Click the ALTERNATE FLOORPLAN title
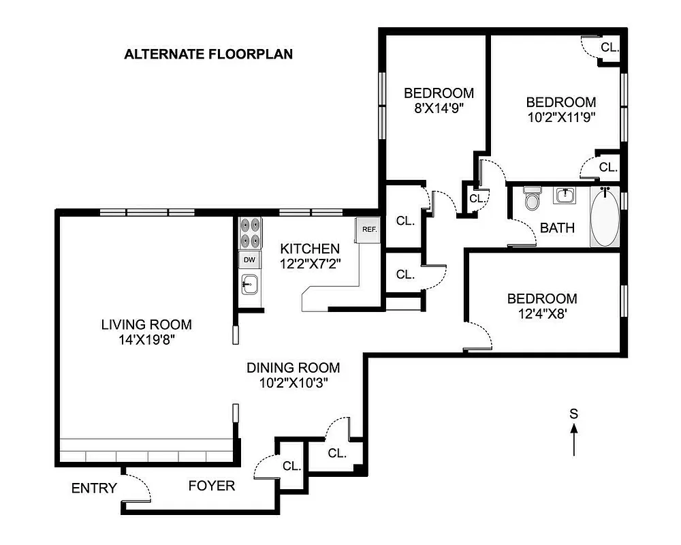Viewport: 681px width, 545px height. tap(208, 54)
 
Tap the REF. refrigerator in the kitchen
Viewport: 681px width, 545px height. tap(368, 230)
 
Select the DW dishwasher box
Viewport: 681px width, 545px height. tap(249, 260)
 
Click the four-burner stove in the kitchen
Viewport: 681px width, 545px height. tap(250, 233)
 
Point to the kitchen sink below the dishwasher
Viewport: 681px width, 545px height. tap(249, 283)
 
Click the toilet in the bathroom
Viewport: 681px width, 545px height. tap(533, 200)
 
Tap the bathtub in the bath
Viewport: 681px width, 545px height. tap(605, 218)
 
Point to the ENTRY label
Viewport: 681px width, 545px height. tap(94, 488)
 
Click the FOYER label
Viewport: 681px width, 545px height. tap(212, 486)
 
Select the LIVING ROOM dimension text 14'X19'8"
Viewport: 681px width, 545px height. tap(146, 340)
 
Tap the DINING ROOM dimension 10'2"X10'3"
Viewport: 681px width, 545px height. tap(293, 383)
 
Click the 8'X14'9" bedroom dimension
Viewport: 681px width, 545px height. tap(439, 108)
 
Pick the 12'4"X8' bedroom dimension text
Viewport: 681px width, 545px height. tap(541, 313)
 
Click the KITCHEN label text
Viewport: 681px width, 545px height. tap(309, 249)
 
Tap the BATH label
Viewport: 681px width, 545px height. tap(557, 228)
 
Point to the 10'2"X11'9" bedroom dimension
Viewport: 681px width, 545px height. tap(560, 116)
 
